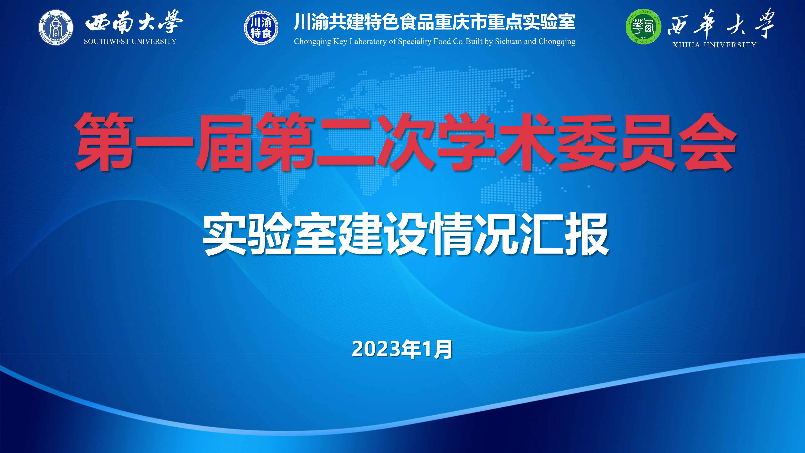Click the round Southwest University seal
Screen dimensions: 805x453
click(56, 27)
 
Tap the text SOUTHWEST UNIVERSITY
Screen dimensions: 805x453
click(130, 42)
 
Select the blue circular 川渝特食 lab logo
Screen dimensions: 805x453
click(261, 27)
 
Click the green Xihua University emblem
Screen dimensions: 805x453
click(643, 27)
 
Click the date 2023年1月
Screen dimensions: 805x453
click(402, 349)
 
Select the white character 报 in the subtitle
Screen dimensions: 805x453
click(587, 234)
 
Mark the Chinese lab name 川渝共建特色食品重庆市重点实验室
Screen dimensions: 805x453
click(434, 22)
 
